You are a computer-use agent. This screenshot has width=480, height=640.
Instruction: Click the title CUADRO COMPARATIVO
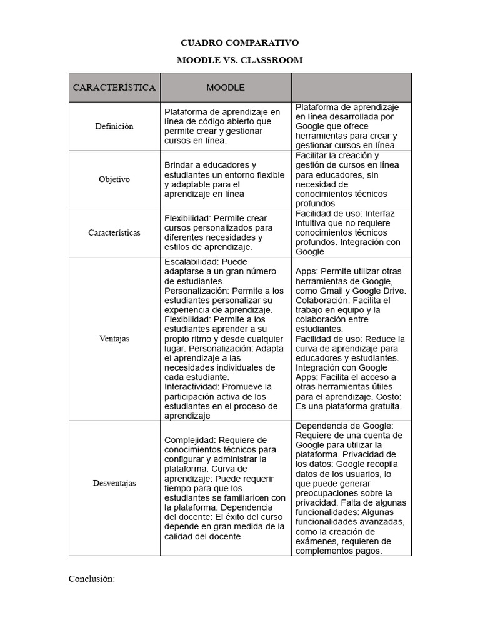(x=239, y=43)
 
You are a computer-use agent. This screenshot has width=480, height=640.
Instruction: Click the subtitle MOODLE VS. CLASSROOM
(x=239, y=60)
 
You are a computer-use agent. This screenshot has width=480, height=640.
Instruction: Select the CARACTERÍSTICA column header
(x=114, y=87)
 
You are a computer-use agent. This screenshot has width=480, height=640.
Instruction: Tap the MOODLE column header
(x=226, y=87)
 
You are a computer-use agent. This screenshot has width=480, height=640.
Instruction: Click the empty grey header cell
(x=351, y=87)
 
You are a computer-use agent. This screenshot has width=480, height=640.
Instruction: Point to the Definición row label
(x=114, y=126)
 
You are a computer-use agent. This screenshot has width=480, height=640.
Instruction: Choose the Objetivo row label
(x=114, y=179)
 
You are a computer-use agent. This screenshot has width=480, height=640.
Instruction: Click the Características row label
(x=114, y=232)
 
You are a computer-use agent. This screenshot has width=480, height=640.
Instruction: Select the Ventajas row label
(x=114, y=339)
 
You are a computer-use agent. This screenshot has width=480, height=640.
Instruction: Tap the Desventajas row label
(x=114, y=483)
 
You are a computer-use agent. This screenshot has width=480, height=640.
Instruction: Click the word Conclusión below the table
(x=91, y=579)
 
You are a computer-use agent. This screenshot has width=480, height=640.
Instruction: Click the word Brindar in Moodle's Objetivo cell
(x=179, y=165)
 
